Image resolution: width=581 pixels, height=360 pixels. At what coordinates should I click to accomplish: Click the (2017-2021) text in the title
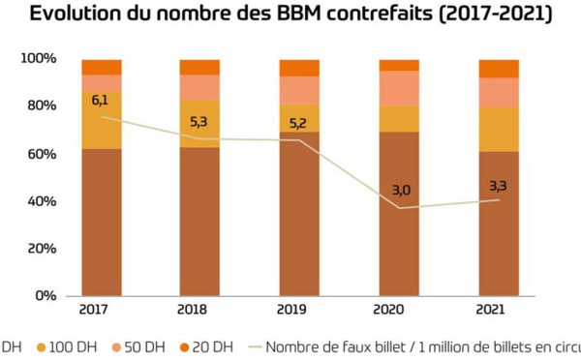[485, 15]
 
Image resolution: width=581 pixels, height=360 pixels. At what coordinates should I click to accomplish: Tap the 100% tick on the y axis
[39, 60]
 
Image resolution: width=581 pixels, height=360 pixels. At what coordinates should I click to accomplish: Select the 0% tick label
[46, 296]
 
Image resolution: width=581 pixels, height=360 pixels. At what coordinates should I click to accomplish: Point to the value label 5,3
[200, 123]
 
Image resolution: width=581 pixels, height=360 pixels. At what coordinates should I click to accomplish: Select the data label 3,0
[399, 191]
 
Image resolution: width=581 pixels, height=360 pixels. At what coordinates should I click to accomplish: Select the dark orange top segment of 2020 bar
[399, 65]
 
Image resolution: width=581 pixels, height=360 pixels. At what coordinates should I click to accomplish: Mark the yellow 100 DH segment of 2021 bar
[498, 129]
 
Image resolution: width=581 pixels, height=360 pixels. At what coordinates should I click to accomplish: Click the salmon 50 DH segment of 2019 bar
[299, 89]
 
